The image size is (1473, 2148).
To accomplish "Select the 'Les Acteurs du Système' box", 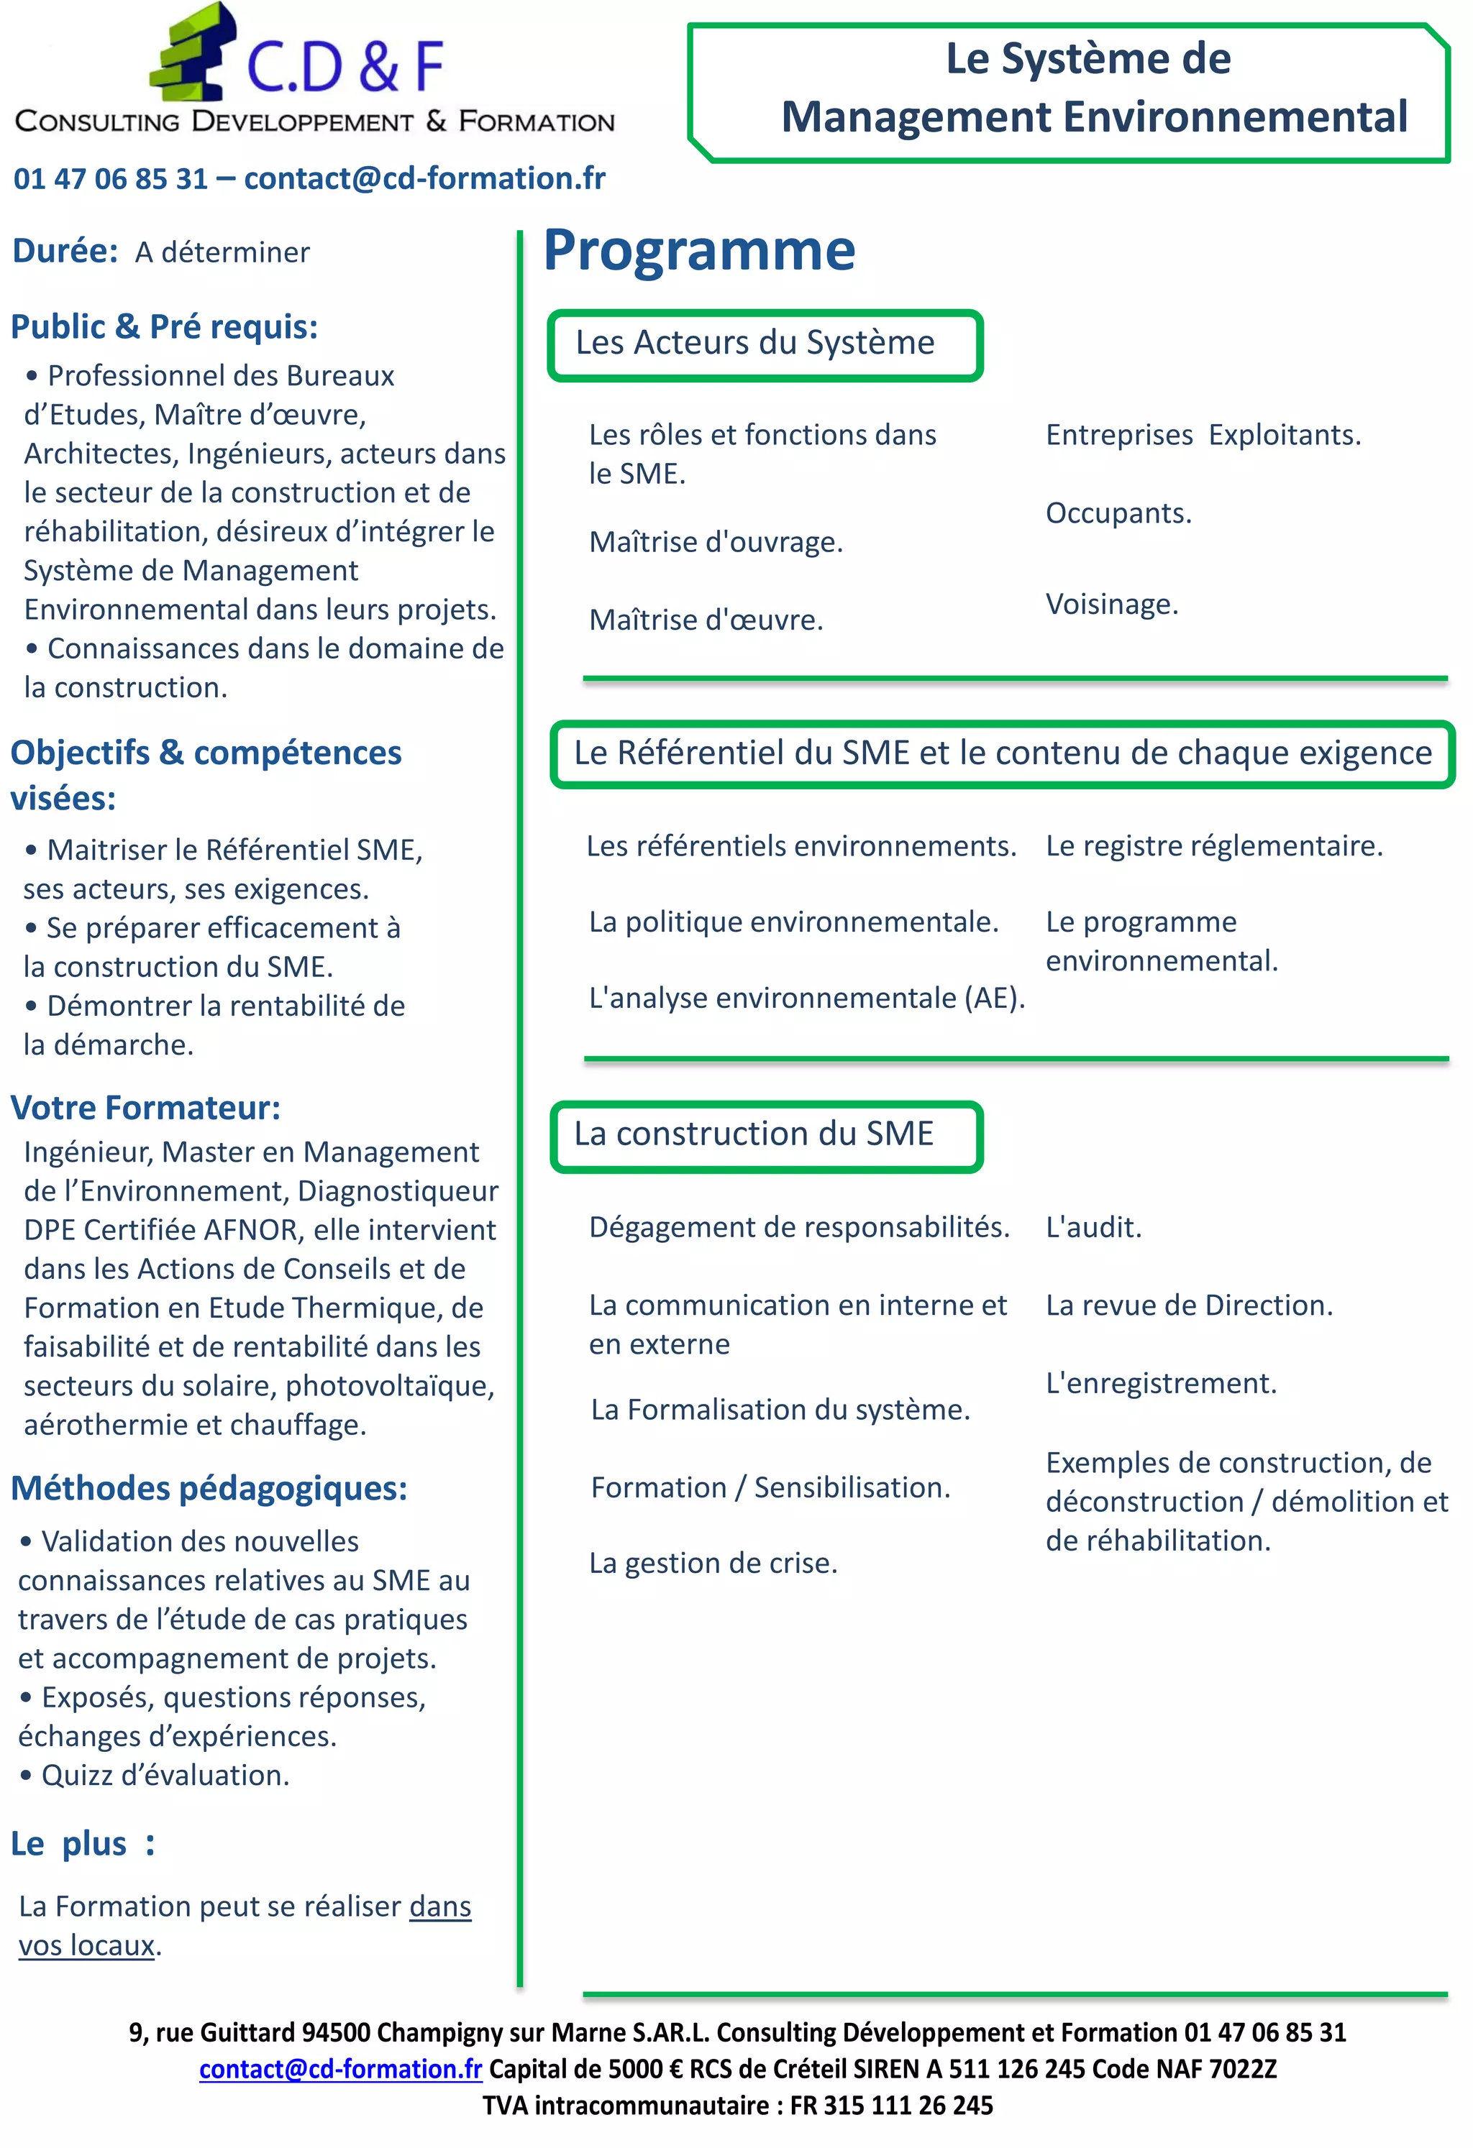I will point(765,345).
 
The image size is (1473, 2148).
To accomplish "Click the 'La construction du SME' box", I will point(765,1135).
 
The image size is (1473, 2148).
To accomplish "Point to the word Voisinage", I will point(1111,605).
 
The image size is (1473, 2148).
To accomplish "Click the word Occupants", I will point(1118,513).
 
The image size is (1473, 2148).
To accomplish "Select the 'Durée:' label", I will point(65,252).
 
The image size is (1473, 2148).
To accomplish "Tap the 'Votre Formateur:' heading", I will point(145,1107).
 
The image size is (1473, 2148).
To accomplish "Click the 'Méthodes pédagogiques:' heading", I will point(209,1488).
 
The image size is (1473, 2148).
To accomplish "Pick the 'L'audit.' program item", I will point(1093,1227).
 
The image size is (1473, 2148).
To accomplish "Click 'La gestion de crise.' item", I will point(713,1563).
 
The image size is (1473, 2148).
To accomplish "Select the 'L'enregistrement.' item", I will point(1160,1384).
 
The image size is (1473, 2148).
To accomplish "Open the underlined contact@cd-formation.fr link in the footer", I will point(340,2070).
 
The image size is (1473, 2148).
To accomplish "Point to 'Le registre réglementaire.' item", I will point(1213,845).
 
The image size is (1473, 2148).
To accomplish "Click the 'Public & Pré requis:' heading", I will point(164,326).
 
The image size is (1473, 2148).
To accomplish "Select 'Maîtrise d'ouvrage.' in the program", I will point(716,543).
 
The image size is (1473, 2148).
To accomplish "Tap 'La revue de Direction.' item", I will point(1188,1305).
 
